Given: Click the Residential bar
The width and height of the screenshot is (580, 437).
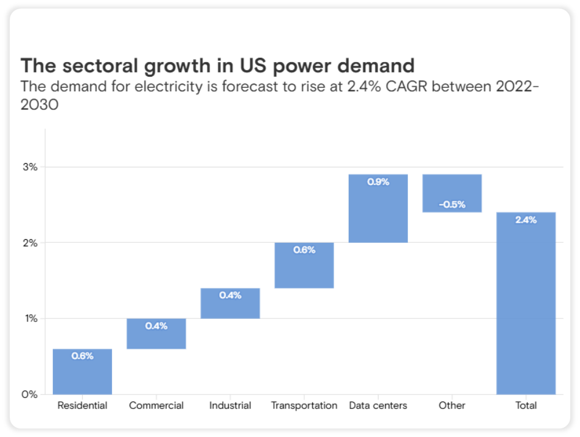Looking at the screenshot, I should click(x=82, y=372).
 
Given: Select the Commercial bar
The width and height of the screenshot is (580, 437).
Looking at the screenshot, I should click(x=156, y=335).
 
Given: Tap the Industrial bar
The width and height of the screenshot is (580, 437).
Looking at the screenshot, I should click(x=230, y=304).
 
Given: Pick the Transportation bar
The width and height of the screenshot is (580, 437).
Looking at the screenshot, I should click(x=304, y=266).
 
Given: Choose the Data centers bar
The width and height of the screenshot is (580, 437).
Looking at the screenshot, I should click(x=378, y=210).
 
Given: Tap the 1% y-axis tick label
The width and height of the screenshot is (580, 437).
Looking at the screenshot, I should click(x=32, y=318).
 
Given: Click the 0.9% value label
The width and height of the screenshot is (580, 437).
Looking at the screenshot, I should click(x=378, y=181).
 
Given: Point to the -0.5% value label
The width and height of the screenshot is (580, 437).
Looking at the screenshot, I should click(x=452, y=205).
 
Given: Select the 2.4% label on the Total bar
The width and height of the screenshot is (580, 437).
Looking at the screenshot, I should click(x=526, y=220).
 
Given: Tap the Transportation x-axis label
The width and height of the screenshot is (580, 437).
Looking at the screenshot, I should click(x=304, y=405).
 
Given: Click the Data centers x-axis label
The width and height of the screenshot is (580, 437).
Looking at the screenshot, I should click(x=378, y=405).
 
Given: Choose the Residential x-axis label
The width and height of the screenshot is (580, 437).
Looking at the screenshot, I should click(x=82, y=405).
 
